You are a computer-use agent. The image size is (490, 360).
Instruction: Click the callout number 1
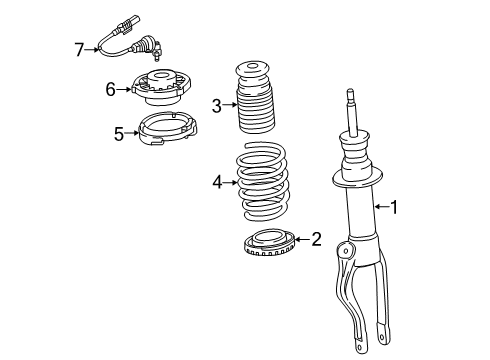[394, 208]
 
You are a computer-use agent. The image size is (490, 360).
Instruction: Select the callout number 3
[217, 105]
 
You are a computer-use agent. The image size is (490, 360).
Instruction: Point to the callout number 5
[119, 133]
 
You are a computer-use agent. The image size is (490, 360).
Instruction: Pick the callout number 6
[112, 88]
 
